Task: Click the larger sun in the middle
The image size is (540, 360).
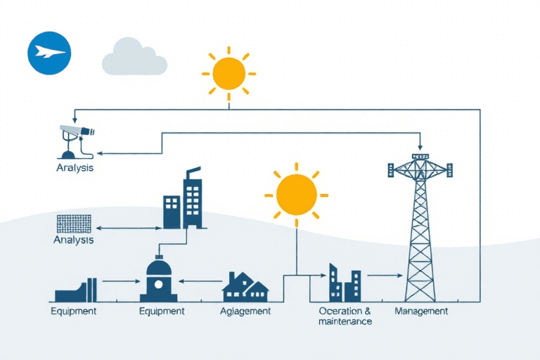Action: pos(297,195)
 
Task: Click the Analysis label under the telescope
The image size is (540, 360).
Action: pos(75,169)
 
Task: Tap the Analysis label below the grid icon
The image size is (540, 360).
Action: pos(73,240)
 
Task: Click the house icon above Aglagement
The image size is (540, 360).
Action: pos(245,283)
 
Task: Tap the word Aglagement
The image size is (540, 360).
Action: pos(245,311)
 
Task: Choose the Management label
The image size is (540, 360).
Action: pos(421,311)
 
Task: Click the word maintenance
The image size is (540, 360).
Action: pos(345,321)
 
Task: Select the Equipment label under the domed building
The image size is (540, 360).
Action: pos(162,311)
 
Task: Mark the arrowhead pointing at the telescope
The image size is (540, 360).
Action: pos(99,153)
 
